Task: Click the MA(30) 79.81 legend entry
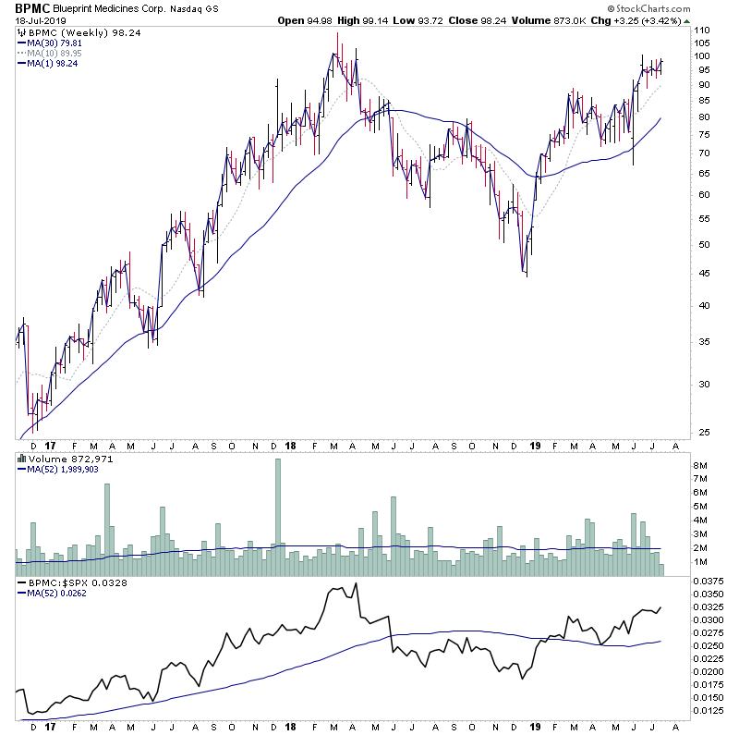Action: coord(56,42)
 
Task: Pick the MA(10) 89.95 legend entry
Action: coord(56,53)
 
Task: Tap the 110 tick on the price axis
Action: coord(703,31)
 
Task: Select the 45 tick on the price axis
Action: coord(703,273)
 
